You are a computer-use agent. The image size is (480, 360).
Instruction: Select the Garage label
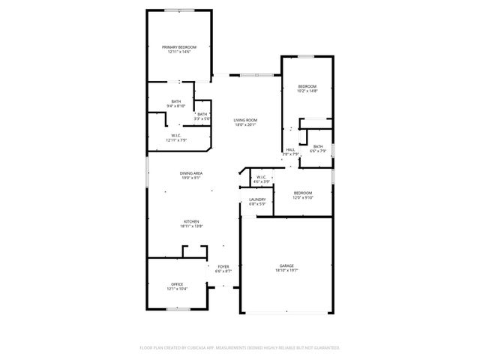coord(286,266)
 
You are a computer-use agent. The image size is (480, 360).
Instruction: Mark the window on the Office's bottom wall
coord(178,310)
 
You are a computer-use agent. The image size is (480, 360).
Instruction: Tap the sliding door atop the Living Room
coord(255,75)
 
